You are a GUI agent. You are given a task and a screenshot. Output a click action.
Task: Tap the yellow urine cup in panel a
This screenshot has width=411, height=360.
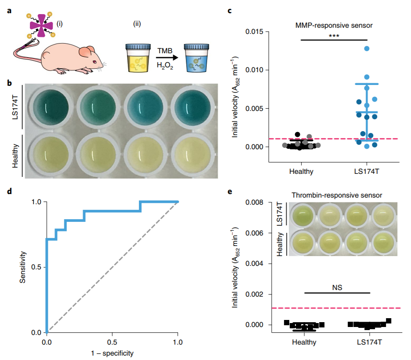click(x=138, y=58)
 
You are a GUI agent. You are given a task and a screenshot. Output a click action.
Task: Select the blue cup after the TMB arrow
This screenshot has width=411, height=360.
click(x=196, y=58)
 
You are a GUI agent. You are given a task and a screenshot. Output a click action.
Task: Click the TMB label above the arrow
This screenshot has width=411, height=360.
click(x=165, y=51)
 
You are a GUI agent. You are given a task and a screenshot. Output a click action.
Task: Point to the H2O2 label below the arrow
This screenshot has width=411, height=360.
click(x=165, y=66)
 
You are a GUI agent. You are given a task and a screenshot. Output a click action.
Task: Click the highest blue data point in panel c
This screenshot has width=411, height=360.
click(x=367, y=48)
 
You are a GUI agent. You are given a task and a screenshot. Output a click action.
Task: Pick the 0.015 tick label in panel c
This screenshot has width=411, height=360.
click(x=254, y=32)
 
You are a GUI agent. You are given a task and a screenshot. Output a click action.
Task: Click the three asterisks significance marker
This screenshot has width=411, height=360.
click(x=334, y=35)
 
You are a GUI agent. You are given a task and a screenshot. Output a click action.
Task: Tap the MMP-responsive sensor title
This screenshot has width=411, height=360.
click(x=334, y=26)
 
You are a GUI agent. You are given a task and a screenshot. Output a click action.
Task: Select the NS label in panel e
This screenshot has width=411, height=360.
click(x=337, y=287)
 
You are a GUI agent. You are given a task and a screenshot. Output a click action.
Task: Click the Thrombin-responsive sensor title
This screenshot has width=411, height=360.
click(x=337, y=195)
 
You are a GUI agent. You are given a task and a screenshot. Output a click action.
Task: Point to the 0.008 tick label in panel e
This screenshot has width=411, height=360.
click(x=254, y=202)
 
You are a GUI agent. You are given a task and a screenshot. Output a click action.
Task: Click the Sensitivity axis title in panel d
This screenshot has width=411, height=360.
click(x=23, y=267)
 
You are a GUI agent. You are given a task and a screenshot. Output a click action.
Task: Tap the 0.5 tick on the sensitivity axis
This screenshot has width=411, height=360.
click(x=36, y=267)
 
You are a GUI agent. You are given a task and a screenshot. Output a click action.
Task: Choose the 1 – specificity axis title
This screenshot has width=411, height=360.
click(x=112, y=353)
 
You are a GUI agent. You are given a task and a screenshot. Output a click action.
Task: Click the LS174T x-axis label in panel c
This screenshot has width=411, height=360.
click(x=367, y=172)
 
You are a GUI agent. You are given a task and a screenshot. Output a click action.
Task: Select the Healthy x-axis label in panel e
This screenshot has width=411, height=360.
click(x=304, y=342)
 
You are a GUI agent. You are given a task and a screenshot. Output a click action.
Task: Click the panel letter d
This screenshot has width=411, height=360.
click(x=9, y=191)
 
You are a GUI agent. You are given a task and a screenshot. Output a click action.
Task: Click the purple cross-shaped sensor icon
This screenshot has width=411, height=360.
click(x=41, y=26)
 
